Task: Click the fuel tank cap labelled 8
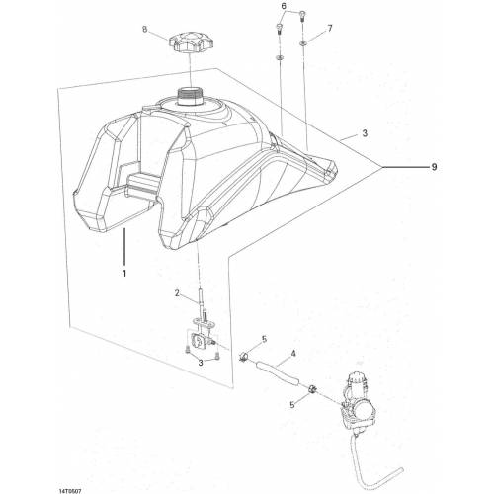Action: click(x=190, y=43)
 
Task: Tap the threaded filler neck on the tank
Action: click(x=189, y=97)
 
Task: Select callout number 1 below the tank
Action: click(x=124, y=274)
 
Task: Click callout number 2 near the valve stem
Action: click(x=177, y=293)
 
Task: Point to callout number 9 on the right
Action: click(x=434, y=167)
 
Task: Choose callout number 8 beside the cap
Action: click(x=145, y=30)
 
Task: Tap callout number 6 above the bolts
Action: click(x=284, y=6)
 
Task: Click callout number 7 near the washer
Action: click(x=330, y=29)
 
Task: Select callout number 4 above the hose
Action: click(x=293, y=354)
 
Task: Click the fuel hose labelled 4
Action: click(x=278, y=373)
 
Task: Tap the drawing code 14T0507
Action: click(x=70, y=491)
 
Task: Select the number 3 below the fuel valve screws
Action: click(x=201, y=363)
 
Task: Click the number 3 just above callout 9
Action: click(x=365, y=133)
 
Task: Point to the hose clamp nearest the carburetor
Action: click(x=312, y=389)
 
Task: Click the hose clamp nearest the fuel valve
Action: click(x=244, y=357)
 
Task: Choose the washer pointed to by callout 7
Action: click(x=302, y=43)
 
